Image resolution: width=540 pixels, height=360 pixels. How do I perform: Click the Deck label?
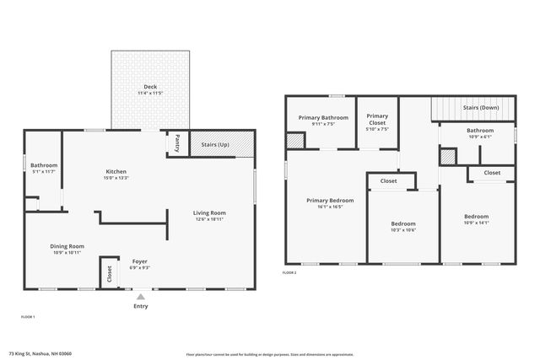click(149, 86)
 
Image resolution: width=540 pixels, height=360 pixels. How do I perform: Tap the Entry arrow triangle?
click(140, 296)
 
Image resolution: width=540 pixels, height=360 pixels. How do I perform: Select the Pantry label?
click(177, 143)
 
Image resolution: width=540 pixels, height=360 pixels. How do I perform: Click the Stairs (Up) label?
click(214, 145)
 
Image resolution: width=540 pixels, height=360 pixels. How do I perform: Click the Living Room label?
click(210, 212)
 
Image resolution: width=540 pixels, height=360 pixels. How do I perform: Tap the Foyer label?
click(140, 261)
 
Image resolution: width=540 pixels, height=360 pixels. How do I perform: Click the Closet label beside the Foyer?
click(109, 274)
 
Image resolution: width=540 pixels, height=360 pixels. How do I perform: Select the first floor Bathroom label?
click(44, 164)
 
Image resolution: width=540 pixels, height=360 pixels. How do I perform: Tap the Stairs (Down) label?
click(480, 108)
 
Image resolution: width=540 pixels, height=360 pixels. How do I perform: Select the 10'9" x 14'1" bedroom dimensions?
click(476, 223)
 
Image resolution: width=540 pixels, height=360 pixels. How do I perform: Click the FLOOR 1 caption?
click(28, 316)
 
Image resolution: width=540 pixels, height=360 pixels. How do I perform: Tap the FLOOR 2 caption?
click(289, 272)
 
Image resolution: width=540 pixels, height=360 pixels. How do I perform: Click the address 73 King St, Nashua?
click(40, 353)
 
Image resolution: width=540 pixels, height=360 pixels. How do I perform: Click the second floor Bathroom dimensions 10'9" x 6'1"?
click(480, 137)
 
